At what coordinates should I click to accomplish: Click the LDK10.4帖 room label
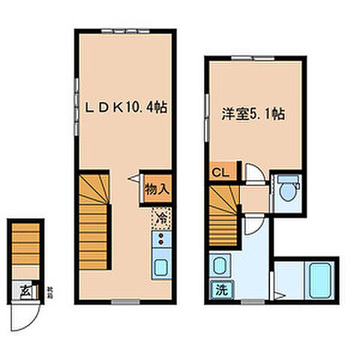click(x=124, y=108)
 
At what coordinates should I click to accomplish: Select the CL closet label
click(x=221, y=172)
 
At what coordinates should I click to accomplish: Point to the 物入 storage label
click(x=157, y=188)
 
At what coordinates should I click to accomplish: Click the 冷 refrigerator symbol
click(x=160, y=218)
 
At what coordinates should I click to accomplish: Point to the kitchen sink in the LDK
click(x=160, y=266)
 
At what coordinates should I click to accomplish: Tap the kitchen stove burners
click(x=160, y=241)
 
